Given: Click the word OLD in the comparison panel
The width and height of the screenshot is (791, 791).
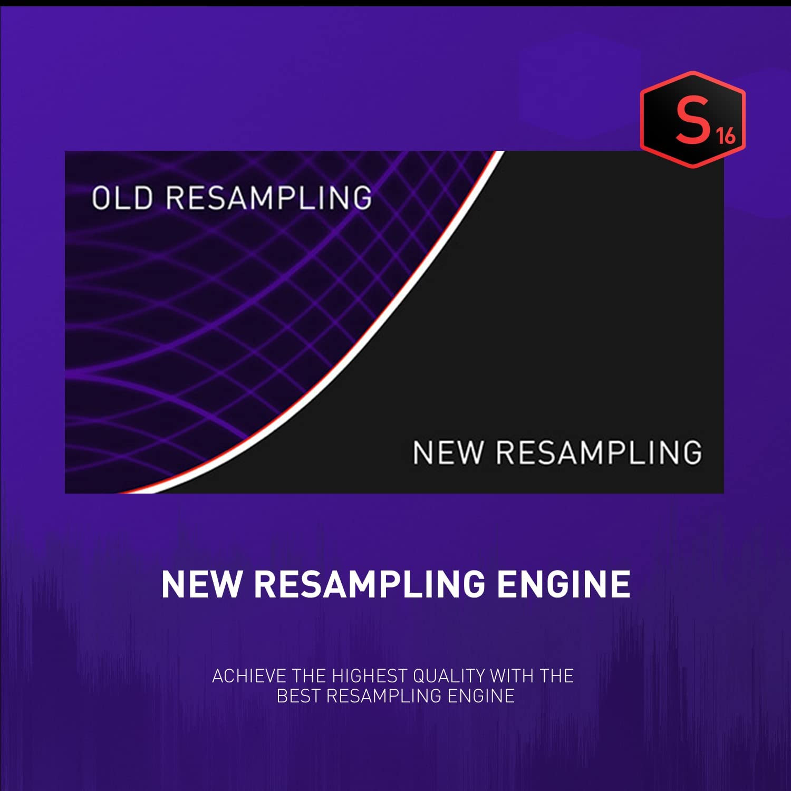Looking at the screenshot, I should click(122, 198).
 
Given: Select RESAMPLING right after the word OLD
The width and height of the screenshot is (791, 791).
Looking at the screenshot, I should click(269, 198).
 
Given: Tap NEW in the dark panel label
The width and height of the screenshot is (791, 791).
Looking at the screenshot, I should click(448, 452).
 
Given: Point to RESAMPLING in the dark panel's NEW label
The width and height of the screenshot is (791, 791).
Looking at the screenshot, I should click(599, 452).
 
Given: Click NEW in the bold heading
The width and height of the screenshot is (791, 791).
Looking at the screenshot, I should click(201, 584).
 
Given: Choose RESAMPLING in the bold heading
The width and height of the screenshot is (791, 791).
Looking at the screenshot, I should click(369, 584).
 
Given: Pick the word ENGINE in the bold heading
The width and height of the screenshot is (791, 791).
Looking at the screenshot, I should click(564, 584).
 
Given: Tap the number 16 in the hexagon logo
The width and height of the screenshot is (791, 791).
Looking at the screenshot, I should click(726, 136).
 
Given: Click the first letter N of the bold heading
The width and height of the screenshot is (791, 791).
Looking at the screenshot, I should click(172, 584).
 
